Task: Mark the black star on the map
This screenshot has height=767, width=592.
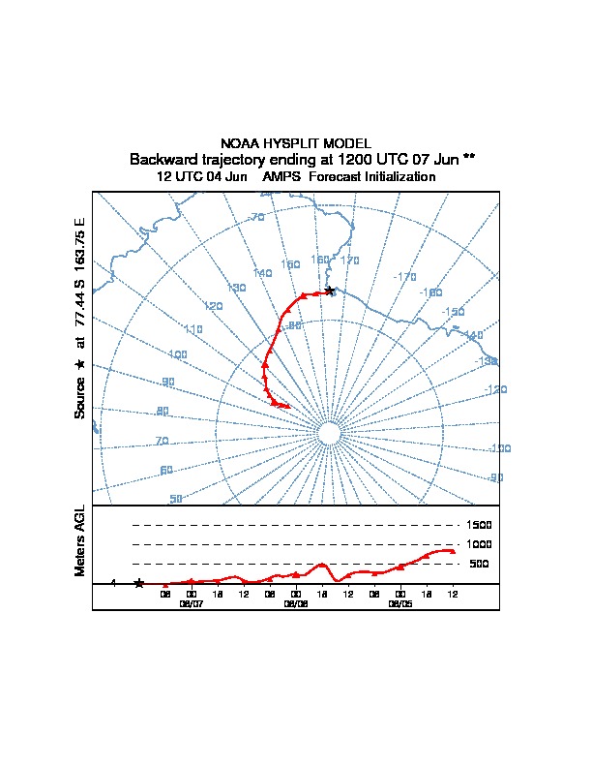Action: tap(330, 290)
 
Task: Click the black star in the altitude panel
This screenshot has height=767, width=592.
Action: tap(139, 583)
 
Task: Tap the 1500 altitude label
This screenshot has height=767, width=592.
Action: tap(480, 525)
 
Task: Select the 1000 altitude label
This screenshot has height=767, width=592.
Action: tap(480, 544)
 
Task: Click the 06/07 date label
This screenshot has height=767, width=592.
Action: tap(191, 603)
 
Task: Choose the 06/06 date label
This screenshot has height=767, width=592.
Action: tap(295, 603)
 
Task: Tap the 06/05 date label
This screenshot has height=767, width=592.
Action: tap(400, 603)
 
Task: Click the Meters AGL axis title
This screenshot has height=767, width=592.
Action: tap(80, 540)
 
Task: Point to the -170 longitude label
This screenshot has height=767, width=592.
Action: tap(404, 277)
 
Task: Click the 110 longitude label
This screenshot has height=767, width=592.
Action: tap(192, 330)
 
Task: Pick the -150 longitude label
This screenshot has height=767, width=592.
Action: tap(452, 312)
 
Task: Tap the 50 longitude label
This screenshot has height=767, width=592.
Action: tap(175, 499)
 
